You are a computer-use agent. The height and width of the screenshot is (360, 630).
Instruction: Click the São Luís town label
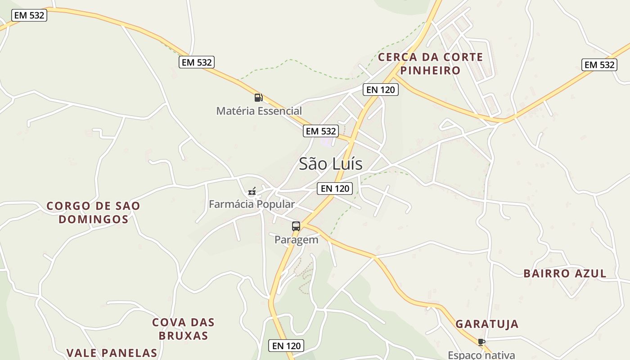point(331,164)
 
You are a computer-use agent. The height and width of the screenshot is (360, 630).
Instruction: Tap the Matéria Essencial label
point(259,111)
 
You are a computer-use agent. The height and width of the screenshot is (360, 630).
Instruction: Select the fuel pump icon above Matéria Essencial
point(258,97)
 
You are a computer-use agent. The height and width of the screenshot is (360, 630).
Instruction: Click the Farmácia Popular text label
point(252,204)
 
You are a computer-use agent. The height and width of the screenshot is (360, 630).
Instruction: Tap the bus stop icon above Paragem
point(296,226)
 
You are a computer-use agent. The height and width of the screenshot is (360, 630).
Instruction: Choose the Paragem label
point(296,240)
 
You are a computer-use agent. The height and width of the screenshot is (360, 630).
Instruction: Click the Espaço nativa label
point(481,355)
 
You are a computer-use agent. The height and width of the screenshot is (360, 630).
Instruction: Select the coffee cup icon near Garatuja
point(481,342)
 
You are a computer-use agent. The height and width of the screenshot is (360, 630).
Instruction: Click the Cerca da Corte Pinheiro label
point(431,64)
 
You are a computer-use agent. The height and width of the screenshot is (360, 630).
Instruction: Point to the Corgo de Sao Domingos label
point(94,213)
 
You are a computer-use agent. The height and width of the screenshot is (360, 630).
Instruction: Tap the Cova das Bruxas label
point(183,329)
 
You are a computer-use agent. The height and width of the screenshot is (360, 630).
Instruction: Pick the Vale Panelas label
point(112,353)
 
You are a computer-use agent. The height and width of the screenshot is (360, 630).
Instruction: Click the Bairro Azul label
point(565,273)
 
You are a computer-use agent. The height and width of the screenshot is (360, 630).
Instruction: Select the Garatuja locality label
point(487,324)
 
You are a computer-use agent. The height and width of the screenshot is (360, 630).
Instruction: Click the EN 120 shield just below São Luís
point(334,189)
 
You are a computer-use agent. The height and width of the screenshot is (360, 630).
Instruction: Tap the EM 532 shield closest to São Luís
point(321,131)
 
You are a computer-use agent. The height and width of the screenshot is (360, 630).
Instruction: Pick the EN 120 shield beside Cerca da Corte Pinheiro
point(380,90)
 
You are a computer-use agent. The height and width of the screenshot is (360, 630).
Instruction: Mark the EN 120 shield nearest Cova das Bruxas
point(286,346)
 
